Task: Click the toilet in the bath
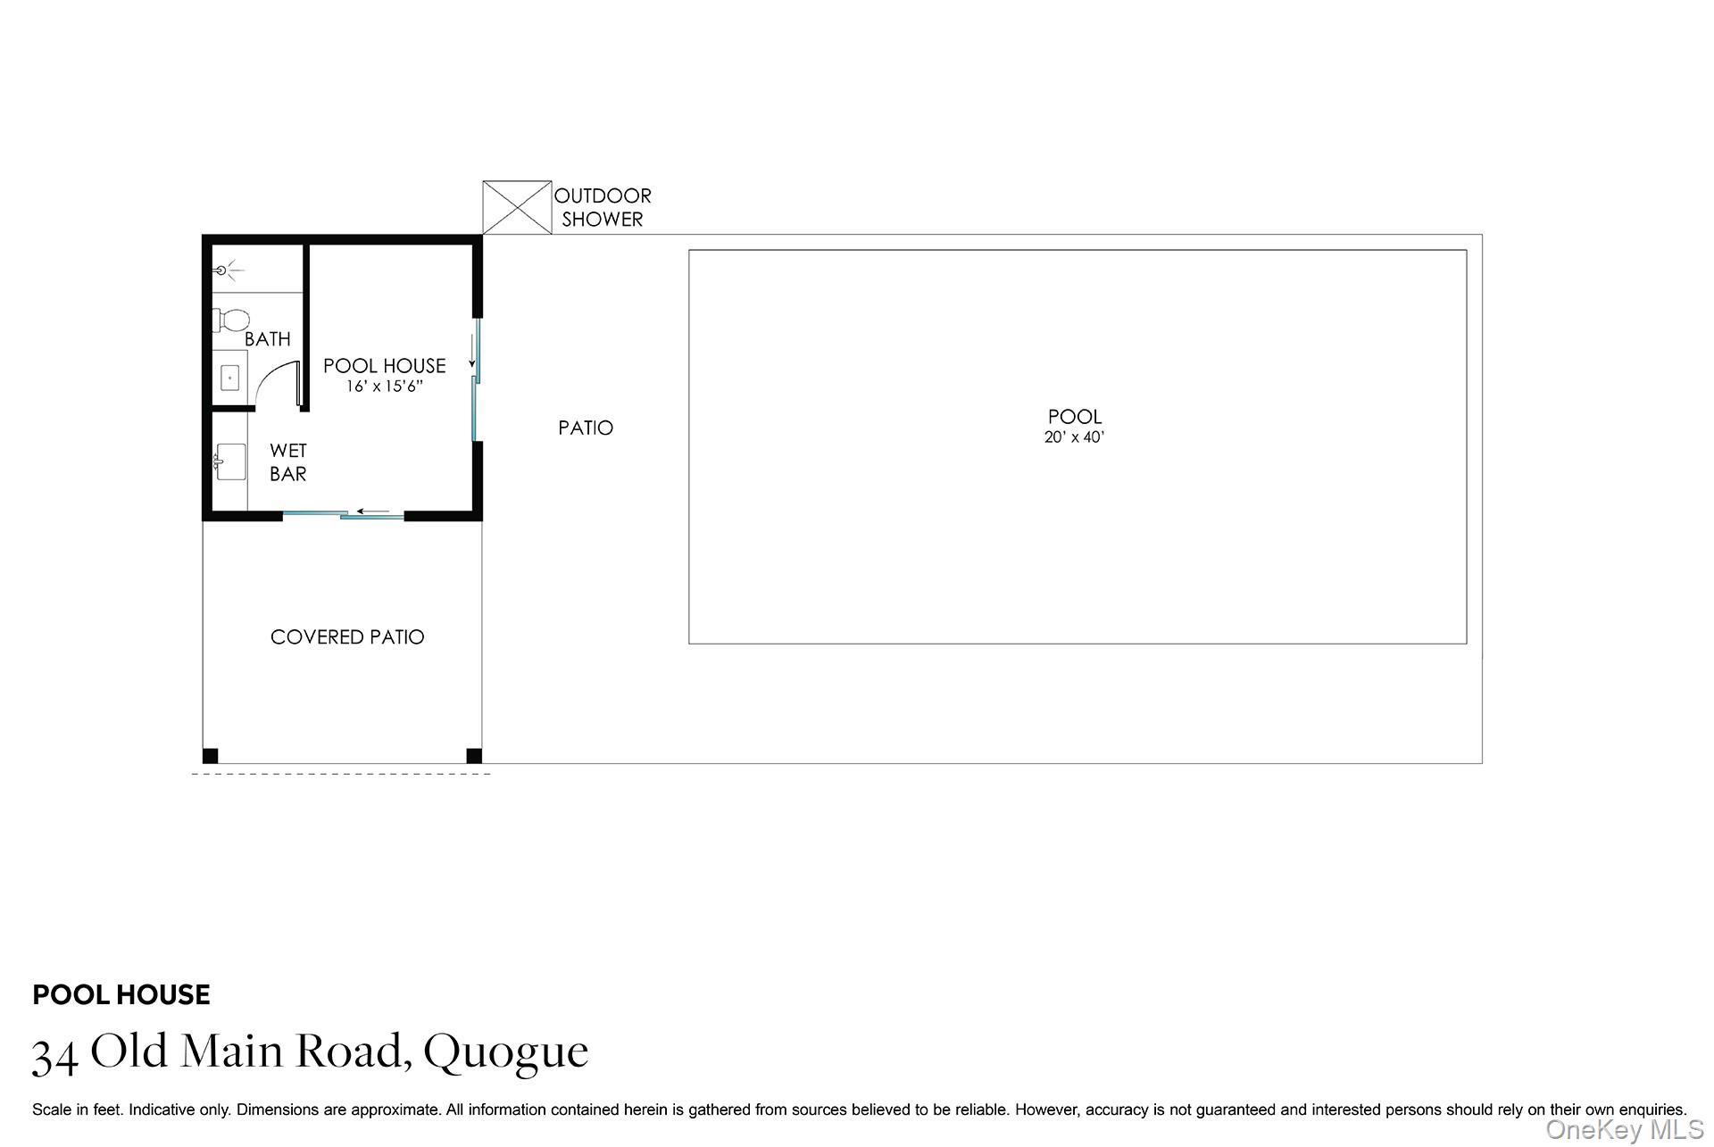pyautogui.click(x=232, y=320)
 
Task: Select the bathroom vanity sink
pyautogui.click(x=230, y=378)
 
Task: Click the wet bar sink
pyautogui.click(x=229, y=461)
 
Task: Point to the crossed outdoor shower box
pyautogui.click(x=517, y=207)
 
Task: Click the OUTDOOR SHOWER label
pyautogui.click(x=603, y=207)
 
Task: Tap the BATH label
pyautogui.click(x=267, y=339)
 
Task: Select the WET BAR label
pyautogui.click(x=288, y=462)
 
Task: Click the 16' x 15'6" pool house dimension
pyautogui.click(x=384, y=386)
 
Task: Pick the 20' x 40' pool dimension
pyautogui.click(x=1074, y=437)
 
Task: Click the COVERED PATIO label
pyautogui.click(x=347, y=637)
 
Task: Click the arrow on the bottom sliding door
pyautogui.click(x=373, y=512)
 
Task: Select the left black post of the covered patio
pyautogui.click(x=211, y=756)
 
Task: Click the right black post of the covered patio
pyautogui.click(x=474, y=756)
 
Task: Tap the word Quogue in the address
pyautogui.click(x=505, y=1051)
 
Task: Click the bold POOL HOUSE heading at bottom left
pyautogui.click(x=121, y=994)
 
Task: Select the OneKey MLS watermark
pyautogui.click(x=1625, y=1130)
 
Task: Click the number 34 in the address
pyautogui.click(x=54, y=1055)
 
